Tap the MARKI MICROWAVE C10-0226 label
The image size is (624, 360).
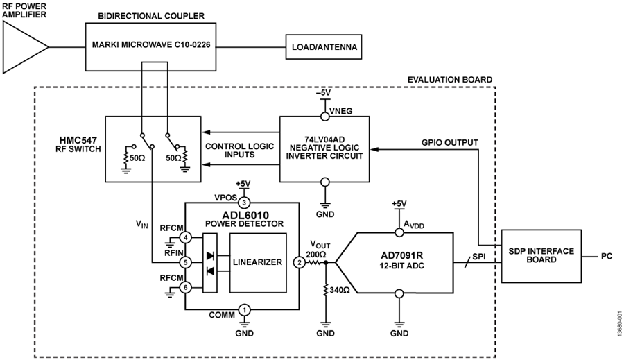click(x=151, y=45)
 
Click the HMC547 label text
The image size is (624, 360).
click(x=78, y=140)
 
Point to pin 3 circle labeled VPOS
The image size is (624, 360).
click(x=244, y=203)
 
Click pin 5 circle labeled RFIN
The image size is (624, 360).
click(x=185, y=262)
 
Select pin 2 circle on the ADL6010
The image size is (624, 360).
click(x=299, y=262)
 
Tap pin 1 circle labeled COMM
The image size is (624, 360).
click(x=244, y=309)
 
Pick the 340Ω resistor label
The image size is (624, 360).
click(x=340, y=291)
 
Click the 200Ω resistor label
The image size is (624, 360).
click(x=316, y=254)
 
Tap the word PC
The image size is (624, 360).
click(x=607, y=256)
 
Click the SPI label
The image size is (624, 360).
click(x=478, y=257)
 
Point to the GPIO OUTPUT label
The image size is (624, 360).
click(x=450, y=143)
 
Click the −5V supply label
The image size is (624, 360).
click(x=323, y=93)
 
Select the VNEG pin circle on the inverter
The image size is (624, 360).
click(x=325, y=117)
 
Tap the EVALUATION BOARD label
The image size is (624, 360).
click(x=450, y=80)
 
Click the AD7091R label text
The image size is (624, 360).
click(x=401, y=255)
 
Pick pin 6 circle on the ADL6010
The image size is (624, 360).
click(x=185, y=287)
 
